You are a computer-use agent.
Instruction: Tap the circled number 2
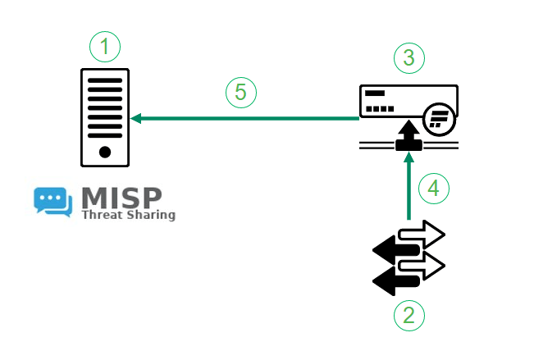(x=409, y=314)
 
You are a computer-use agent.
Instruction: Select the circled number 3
(x=409, y=57)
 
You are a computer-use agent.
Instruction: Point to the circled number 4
(x=434, y=188)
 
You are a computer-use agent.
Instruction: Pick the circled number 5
(x=241, y=92)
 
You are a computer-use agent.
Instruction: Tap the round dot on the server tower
(x=105, y=152)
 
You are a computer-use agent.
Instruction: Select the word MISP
(x=121, y=198)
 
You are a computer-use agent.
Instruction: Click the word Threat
(x=101, y=216)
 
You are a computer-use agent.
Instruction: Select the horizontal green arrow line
(x=246, y=119)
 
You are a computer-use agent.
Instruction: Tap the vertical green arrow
(x=408, y=189)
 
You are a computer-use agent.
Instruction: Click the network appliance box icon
(x=408, y=103)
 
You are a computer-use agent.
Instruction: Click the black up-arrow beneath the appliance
(x=408, y=137)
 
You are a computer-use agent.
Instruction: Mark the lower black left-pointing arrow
(x=394, y=281)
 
